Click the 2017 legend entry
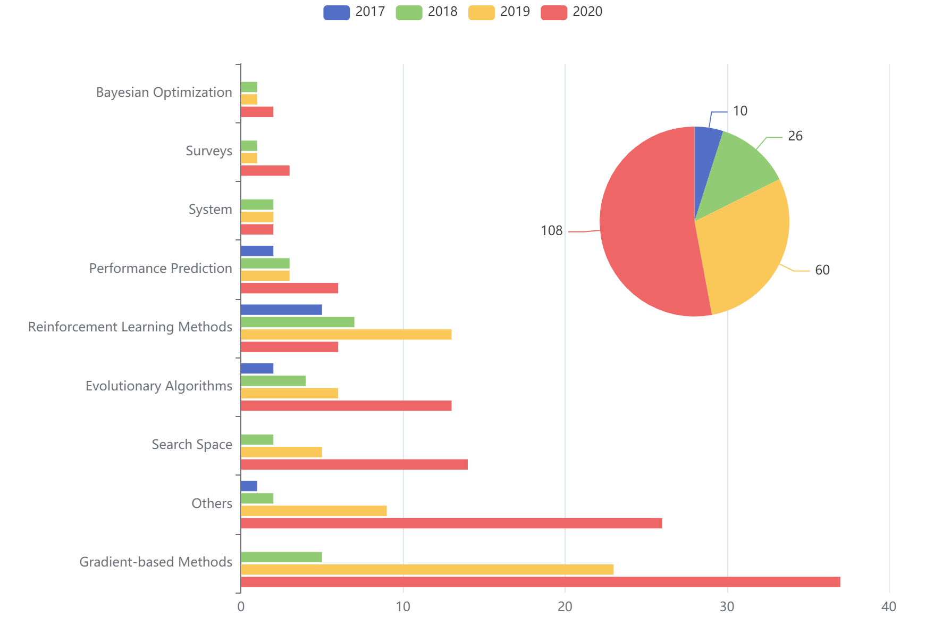pos(354,12)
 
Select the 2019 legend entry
pos(499,12)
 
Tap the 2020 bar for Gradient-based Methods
pos(540,582)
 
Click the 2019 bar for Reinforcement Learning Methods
pos(346,335)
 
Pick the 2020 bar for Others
pos(451,523)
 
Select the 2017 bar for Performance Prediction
pos(257,251)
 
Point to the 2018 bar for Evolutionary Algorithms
pos(273,381)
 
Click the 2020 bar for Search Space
pos(354,464)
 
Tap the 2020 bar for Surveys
pos(265,171)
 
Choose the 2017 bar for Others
pos(249,486)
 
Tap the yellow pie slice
pos(744,245)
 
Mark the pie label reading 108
pos(552,230)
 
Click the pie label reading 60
pos(822,270)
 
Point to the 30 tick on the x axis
pos(727,606)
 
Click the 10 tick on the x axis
pos(403,606)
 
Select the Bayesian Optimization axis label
pos(164,92)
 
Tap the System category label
pos(210,210)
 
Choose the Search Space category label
pos(191,444)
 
